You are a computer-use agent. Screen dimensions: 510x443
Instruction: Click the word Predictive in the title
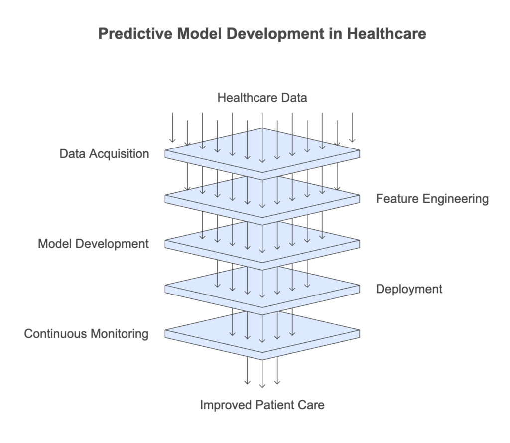pos(135,34)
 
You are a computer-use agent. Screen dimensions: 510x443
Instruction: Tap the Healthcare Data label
pos(262,98)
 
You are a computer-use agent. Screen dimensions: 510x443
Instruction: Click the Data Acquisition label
pos(104,154)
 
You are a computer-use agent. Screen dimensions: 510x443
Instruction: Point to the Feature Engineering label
pos(432,199)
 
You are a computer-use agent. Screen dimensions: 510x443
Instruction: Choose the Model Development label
pos(93,244)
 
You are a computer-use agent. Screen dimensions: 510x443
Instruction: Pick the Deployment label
pos(409,289)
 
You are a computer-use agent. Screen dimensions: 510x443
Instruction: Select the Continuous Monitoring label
pos(86,334)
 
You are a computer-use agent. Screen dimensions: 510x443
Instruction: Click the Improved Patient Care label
pos(262,405)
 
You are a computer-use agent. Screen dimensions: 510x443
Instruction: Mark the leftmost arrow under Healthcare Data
pos(172,127)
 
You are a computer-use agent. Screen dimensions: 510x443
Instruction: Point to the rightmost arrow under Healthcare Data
pos(352,127)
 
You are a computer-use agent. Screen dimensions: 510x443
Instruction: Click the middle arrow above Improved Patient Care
pos(262,374)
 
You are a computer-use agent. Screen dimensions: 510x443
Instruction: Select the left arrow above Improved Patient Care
pos(247,370)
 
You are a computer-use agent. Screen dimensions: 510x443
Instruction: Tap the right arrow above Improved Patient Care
pos(277,370)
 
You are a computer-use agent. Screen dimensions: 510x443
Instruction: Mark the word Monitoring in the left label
pos(120,334)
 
